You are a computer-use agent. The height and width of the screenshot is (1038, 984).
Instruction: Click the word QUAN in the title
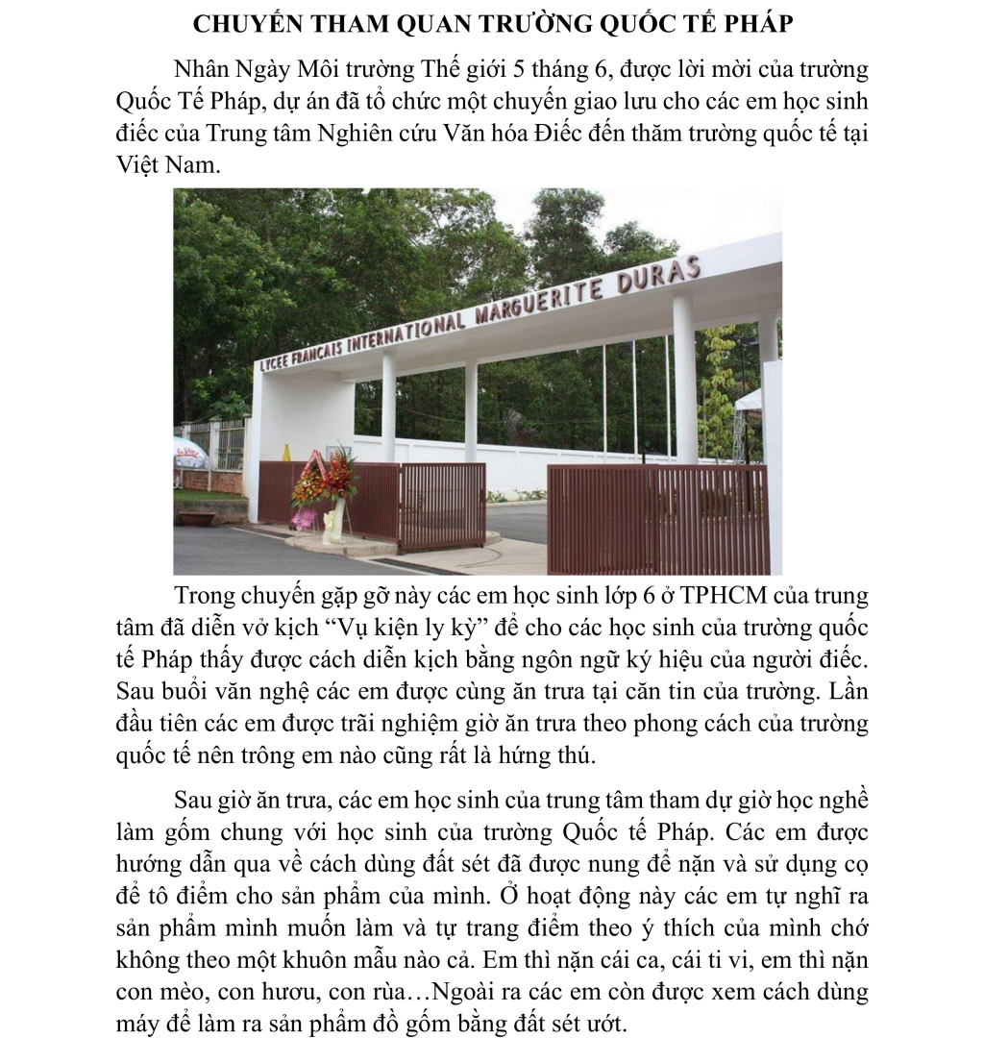click(x=394, y=24)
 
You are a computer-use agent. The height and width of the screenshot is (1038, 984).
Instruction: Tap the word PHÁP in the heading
click(x=754, y=24)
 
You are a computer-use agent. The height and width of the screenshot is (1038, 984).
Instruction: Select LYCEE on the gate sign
click(x=275, y=363)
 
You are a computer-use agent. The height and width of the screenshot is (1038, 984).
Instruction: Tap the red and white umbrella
click(x=189, y=451)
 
